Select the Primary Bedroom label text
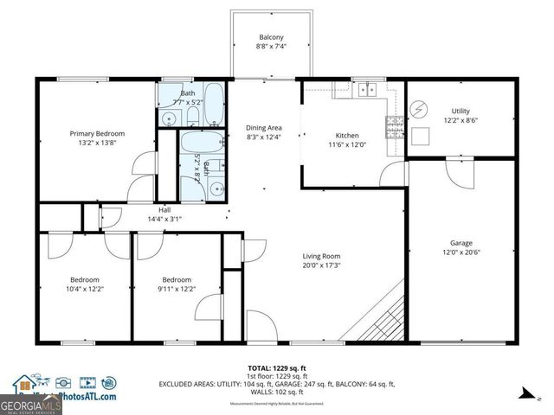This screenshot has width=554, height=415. [x=97, y=133]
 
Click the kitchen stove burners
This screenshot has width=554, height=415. [x=394, y=127]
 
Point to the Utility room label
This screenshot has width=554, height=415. [x=460, y=111]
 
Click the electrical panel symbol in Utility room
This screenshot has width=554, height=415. [x=419, y=110]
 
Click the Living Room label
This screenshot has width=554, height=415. [x=320, y=256]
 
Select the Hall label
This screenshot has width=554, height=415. [x=164, y=209]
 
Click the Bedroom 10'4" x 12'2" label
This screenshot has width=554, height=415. [x=85, y=279]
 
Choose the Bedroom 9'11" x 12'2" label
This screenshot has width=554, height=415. [x=177, y=279]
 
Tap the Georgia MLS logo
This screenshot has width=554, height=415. [x=29, y=402]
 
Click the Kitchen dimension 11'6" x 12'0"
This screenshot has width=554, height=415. [x=347, y=146]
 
